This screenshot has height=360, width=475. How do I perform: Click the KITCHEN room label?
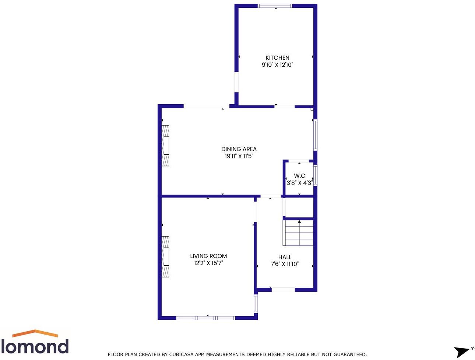[x=277, y=58]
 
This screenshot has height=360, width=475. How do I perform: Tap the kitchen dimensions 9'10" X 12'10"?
[x=277, y=65]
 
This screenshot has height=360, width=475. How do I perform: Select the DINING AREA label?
[x=239, y=149]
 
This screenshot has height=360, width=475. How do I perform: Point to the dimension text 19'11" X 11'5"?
[x=239, y=156]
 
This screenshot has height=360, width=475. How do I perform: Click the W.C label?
[x=299, y=176]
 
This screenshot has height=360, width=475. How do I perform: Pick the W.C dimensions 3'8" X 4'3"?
[x=299, y=183]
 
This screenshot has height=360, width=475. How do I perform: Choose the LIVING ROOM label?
[x=208, y=256]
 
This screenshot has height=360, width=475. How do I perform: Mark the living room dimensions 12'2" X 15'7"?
[x=208, y=263]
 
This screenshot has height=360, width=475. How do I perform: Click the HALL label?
[x=285, y=257]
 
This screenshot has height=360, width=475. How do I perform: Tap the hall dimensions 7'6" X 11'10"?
[x=285, y=264]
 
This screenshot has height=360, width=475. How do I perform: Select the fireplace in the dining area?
[x=165, y=146]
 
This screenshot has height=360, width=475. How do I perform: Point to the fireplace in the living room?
[x=165, y=256]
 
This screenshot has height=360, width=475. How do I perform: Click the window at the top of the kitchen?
[x=275, y=6]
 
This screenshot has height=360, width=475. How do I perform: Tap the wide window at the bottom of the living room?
[x=205, y=318]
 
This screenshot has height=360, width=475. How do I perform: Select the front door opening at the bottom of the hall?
[x=283, y=290]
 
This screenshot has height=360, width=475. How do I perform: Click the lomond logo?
[x=35, y=342]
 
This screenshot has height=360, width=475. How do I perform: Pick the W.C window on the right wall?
[x=315, y=175]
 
